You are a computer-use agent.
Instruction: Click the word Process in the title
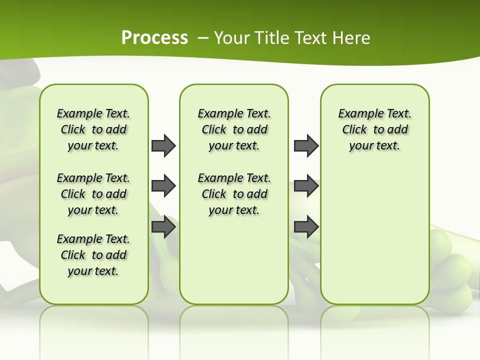[x=154, y=37]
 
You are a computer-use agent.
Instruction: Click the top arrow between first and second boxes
[x=163, y=145]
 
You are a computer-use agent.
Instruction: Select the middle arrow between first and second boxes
[x=163, y=186]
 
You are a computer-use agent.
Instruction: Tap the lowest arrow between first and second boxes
[x=163, y=227]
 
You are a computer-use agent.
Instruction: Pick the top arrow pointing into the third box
[x=306, y=145]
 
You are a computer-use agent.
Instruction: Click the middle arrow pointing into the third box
[x=306, y=186]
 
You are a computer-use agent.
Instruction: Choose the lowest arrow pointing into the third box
[x=306, y=227]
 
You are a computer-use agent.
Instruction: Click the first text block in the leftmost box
[x=93, y=129]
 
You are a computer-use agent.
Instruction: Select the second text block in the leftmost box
[x=93, y=194]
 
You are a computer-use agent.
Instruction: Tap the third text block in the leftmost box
[x=93, y=255]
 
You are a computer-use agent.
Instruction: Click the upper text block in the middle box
[x=234, y=129]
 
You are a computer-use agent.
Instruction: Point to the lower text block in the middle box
[x=234, y=194]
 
